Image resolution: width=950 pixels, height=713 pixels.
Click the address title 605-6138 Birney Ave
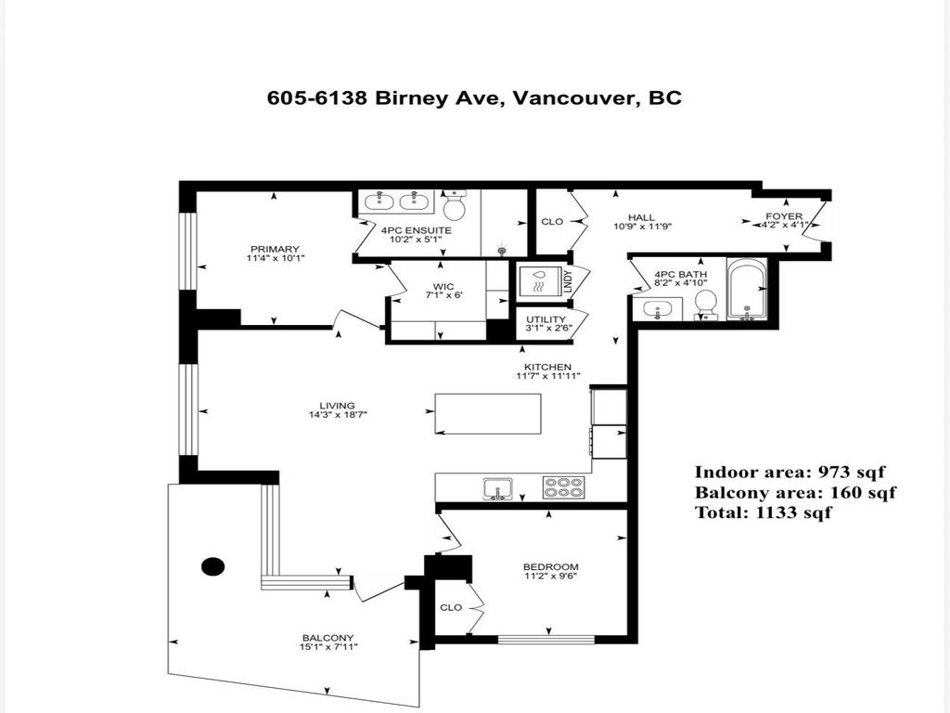pos(474,97)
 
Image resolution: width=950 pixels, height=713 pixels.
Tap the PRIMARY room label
pos(274,249)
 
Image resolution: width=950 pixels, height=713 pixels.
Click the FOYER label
pos(783,216)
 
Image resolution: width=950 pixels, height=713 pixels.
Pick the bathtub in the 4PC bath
pos(746,289)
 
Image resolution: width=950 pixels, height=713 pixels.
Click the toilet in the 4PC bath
pos(706,303)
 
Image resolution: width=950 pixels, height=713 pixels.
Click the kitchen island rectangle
pos(488,413)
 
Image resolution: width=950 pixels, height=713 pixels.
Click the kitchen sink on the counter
pos(496,486)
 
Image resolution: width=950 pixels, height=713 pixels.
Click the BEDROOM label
pos(551,567)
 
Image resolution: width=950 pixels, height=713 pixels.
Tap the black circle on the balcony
pos(213,565)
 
